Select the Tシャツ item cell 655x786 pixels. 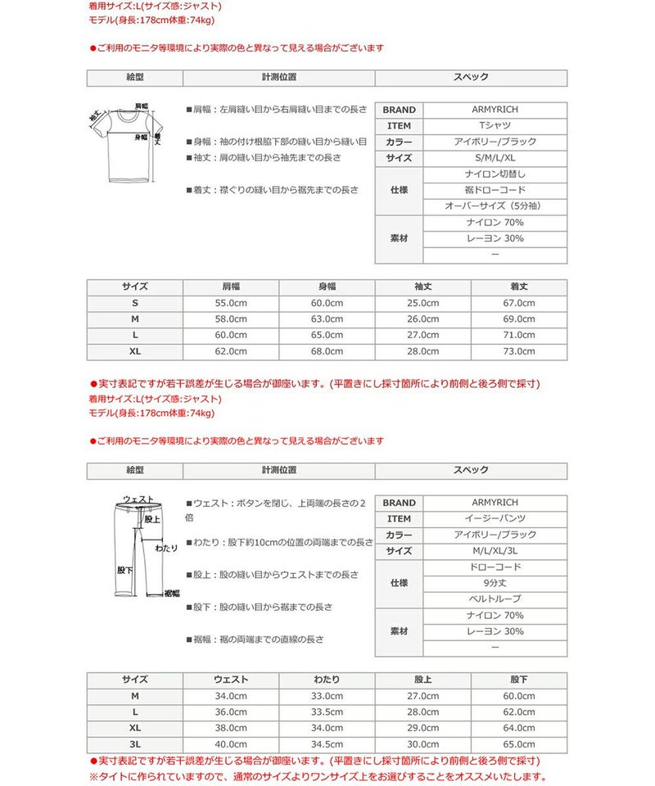(x=495, y=126)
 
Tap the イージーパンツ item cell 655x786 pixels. (x=495, y=519)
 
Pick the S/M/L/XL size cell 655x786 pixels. (x=495, y=158)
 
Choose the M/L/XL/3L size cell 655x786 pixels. (x=495, y=551)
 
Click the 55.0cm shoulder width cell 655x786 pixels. (x=231, y=303)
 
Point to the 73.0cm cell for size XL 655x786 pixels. (x=519, y=351)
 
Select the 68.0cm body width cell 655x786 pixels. (x=327, y=351)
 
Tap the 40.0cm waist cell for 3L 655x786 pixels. (x=231, y=744)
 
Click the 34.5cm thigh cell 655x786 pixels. (x=327, y=744)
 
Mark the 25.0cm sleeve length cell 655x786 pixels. (x=422, y=303)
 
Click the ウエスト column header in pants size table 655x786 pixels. (x=231, y=680)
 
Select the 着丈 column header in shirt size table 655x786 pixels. (x=519, y=287)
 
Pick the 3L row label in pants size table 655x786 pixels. (x=135, y=744)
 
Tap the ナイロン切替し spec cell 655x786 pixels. (x=495, y=174)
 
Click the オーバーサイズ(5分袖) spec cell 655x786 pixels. (x=495, y=206)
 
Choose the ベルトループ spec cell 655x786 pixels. (x=495, y=599)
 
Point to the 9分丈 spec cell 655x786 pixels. (x=495, y=583)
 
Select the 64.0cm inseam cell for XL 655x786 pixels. (x=519, y=728)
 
